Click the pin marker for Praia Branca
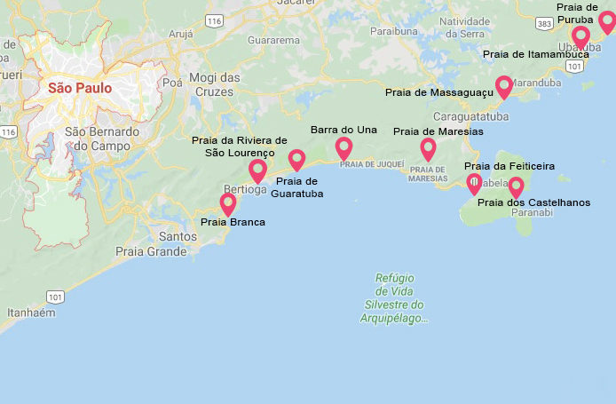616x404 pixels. (x=228, y=203)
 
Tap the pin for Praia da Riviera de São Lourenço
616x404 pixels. (x=258, y=170)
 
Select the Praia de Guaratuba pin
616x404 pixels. (x=296, y=159)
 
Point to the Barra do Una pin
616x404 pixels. (x=344, y=147)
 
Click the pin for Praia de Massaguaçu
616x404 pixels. (x=504, y=85)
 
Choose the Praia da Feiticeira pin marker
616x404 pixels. (x=475, y=183)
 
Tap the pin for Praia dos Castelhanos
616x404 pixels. (x=515, y=186)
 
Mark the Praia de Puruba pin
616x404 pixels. (x=606, y=21)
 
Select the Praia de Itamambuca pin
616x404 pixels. (x=581, y=36)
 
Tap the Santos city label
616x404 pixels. (x=178, y=236)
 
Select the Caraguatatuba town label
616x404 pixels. (x=470, y=116)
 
